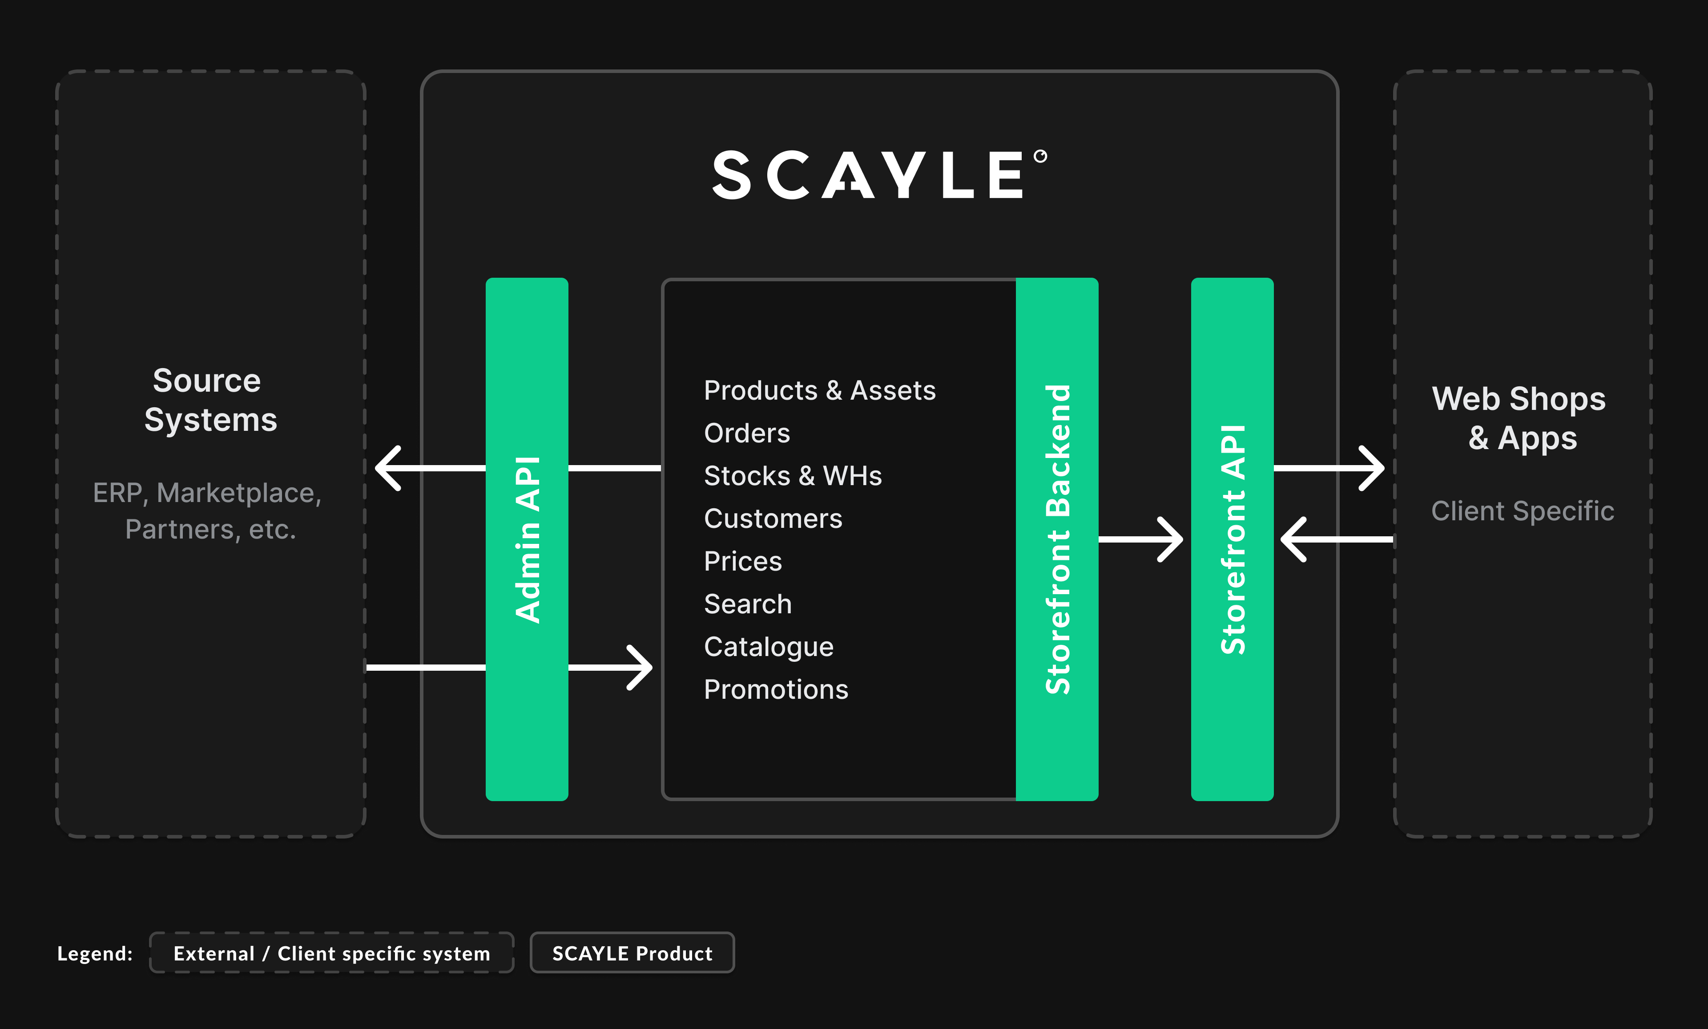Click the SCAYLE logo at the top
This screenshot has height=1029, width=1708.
click(x=878, y=175)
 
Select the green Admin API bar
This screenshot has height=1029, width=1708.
click(x=527, y=539)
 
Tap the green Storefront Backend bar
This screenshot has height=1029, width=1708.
click(x=1057, y=539)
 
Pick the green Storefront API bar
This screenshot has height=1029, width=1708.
click(x=1232, y=539)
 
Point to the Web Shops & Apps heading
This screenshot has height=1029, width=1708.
click(x=1521, y=418)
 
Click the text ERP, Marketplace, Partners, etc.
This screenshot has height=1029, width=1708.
click(x=208, y=511)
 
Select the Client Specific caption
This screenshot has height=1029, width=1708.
click(x=1523, y=511)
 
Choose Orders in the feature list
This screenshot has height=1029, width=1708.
click(x=747, y=433)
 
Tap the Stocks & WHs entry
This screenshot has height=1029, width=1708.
click(x=793, y=476)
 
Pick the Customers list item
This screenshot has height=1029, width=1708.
click(x=773, y=519)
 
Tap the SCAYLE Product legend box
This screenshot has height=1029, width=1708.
click(x=632, y=953)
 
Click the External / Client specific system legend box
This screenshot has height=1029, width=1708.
click(x=331, y=953)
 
